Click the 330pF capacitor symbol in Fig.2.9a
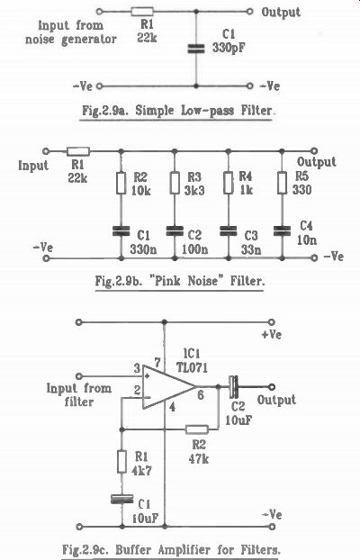point(196,49)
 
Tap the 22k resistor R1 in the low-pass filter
point(142,12)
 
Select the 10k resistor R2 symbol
point(121,183)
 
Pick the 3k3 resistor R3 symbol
point(175,183)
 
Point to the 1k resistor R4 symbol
point(229,183)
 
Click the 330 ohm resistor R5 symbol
point(282,183)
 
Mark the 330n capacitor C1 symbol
point(121,231)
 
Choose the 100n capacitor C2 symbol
point(175,231)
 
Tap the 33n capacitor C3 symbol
point(229,231)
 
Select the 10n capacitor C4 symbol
point(282,231)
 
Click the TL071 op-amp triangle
point(169,387)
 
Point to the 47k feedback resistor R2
point(197,429)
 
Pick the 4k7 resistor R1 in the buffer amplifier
point(122,462)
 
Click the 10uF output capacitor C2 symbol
point(234,387)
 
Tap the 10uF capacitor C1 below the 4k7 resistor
point(121,499)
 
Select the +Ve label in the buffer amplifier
point(272,335)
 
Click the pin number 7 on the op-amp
point(157,362)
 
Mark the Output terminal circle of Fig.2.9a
point(250,12)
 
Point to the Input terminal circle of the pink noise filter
point(46,151)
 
